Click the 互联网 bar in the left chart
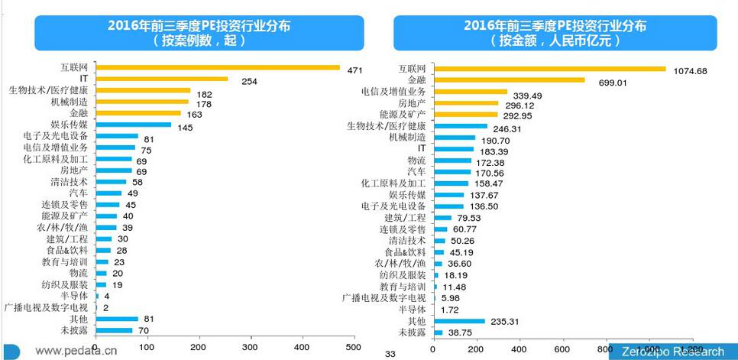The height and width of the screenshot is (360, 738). (x=218, y=67)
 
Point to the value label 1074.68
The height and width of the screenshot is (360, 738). (x=695, y=71)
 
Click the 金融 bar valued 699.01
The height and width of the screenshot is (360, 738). (x=508, y=79)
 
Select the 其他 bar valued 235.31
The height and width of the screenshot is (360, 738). (x=458, y=322)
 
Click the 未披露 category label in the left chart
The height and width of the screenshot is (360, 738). (x=74, y=331)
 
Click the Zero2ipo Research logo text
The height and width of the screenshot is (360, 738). (x=672, y=352)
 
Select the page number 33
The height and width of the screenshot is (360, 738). (x=390, y=354)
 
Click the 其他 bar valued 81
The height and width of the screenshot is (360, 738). (x=116, y=319)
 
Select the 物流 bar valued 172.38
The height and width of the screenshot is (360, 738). (x=452, y=161)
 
